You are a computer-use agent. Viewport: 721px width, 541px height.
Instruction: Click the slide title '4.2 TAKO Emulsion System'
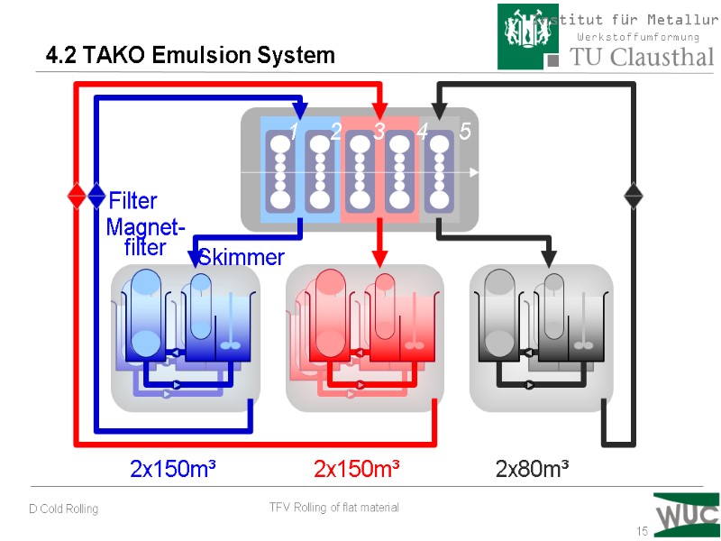pos(190,56)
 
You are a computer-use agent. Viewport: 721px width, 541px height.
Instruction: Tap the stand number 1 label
pos(294,133)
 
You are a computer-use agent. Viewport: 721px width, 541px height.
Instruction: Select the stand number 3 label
pos(379,133)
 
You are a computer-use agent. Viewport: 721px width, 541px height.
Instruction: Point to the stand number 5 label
pos(465,132)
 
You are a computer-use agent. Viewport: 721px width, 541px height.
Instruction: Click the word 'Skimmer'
pos(242,258)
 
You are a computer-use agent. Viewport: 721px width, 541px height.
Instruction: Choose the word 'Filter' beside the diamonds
pos(132,200)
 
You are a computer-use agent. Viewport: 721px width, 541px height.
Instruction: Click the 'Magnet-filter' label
pos(145,236)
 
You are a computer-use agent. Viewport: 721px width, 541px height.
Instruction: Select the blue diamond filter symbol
pos(96,196)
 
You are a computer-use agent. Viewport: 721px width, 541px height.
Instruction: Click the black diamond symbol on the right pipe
pos(634,196)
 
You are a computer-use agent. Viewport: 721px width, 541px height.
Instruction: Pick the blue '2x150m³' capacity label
pos(173,470)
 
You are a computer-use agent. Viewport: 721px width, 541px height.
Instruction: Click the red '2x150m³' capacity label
pos(357,470)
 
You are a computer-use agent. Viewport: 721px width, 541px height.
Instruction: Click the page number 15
pos(643,531)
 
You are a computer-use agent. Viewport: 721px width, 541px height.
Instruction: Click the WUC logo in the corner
pos(686,515)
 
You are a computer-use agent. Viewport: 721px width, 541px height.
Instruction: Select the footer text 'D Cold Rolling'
pos(63,509)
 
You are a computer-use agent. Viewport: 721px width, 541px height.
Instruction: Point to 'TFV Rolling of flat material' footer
pos(334,508)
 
